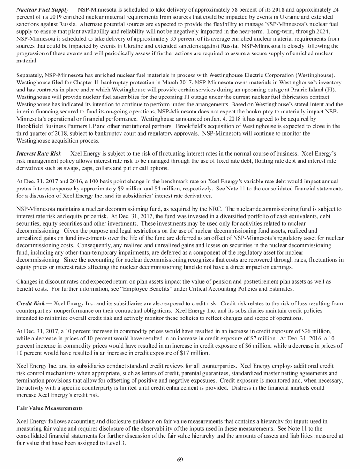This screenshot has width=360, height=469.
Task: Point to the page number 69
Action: [x=180, y=459]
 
